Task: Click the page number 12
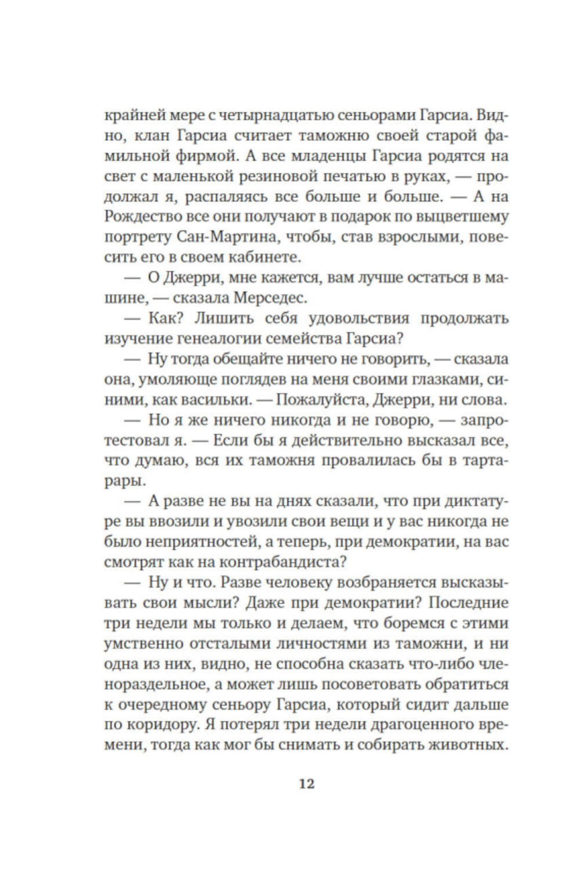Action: tap(306, 783)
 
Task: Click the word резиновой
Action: tap(269, 177)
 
